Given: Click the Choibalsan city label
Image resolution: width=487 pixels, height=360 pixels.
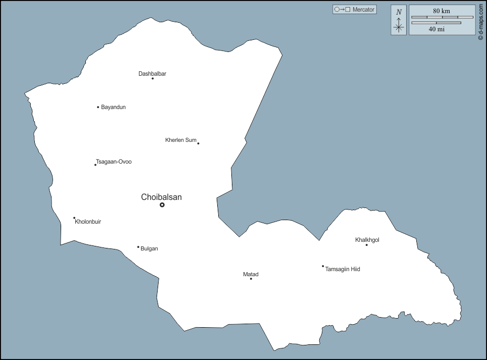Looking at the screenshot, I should pyautogui.click(x=161, y=197).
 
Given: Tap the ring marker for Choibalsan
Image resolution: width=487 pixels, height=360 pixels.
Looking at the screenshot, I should pyautogui.click(x=162, y=205).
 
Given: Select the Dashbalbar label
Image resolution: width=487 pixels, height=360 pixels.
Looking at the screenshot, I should pyautogui.click(x=152, y=74).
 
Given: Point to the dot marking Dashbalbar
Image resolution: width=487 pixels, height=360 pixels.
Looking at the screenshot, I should pyautogui.click(x=153, y=78).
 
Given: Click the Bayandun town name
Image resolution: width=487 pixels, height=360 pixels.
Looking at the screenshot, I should pyautogui.click(x=113, y=107).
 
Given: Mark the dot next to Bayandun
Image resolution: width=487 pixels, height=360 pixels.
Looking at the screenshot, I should pyautogui.click(x=98, y=107).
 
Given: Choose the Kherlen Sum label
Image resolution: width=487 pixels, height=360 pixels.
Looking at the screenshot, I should pyautogui.click(x=180, y=140).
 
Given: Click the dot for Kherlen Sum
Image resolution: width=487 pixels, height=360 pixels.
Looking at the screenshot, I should pyautogui.click(x=198, y=143).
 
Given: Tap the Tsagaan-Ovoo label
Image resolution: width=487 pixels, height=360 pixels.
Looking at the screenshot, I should pyautogui.click(x=114, y=162).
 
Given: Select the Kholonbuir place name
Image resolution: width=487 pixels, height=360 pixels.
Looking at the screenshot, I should pyautogui.click(x=88, y=222).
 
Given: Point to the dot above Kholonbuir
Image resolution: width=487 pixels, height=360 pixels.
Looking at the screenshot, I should pyautogui.click(x=74, y=218).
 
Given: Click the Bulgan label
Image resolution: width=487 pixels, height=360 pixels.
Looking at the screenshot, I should pyautogui.click(x=149, y=248).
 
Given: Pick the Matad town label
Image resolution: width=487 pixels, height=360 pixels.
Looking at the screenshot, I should pyautogui.click(x=251, y=274).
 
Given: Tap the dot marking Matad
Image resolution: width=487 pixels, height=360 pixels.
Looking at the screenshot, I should pyautogui.click(x=251, y=279).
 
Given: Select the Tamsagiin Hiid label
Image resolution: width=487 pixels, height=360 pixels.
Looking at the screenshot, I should pyautogui.click(x=343, y=269).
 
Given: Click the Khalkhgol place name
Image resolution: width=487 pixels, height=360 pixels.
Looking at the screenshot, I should pyautogui.click(x=367, y=240).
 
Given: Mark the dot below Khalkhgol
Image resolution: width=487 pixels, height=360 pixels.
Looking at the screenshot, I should pyautogui.click(x=367, y=245).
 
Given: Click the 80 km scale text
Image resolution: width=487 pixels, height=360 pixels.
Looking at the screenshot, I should pyautogui.click(x=442, y=11).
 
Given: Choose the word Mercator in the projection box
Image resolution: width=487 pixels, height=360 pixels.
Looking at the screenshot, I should pyautogui.click(x=364, y=10).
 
